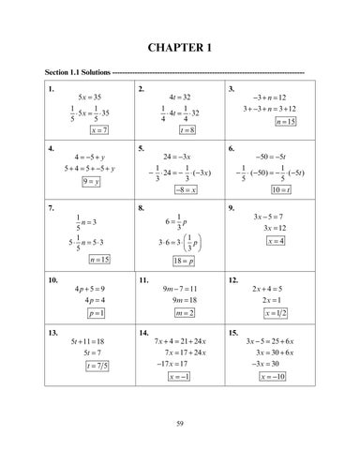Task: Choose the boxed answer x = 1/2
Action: pyautogui.click(x=276, y=312)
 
